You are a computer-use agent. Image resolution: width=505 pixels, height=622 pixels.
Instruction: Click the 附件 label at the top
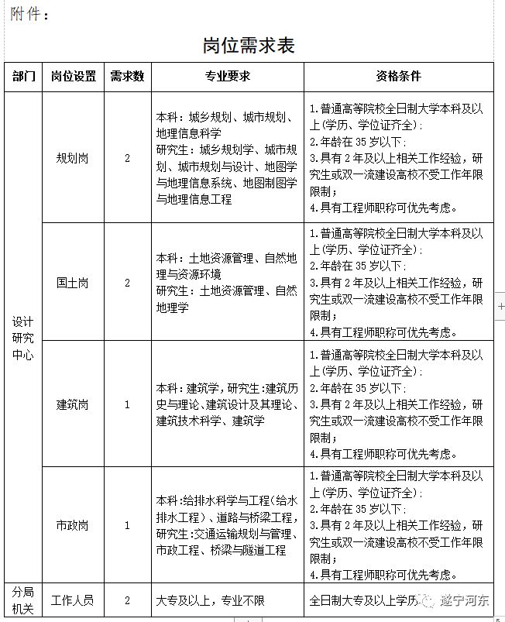tap(29, 14)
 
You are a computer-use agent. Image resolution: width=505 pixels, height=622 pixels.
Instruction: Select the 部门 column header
tap(23, 77)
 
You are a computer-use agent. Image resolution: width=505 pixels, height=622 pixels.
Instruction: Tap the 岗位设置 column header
tap(74, 77)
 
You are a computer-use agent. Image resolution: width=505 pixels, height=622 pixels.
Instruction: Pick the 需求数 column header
tap(127, 77)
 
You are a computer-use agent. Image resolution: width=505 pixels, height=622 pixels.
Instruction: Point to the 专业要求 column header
tap(227, 77)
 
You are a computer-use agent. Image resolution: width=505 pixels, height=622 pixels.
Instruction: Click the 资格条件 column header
tap(398, 77)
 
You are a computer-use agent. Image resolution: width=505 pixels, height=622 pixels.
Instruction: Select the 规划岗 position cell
tap(74, 158)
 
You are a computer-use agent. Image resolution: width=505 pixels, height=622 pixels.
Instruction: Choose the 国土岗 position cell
tap(74, 283)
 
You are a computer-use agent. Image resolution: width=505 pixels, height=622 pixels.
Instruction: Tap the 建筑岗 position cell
tap(74, 404)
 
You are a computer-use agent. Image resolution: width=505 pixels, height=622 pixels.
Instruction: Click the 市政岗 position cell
tap(74, 525)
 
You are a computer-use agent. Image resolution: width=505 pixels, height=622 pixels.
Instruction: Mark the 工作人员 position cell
tap(74, 600)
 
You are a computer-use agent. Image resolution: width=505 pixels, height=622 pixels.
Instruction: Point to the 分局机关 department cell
tap(23, 600)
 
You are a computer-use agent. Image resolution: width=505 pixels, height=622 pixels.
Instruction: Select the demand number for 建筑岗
tap(127, 404)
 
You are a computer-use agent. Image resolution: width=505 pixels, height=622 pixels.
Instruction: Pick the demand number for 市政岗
tap(127, 525)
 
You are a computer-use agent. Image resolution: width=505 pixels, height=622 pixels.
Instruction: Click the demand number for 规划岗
tap(127, 158)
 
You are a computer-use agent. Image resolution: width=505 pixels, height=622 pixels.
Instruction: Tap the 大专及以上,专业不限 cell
tap(211, 600)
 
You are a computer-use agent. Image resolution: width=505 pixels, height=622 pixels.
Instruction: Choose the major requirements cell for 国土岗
tap(227, 283)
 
